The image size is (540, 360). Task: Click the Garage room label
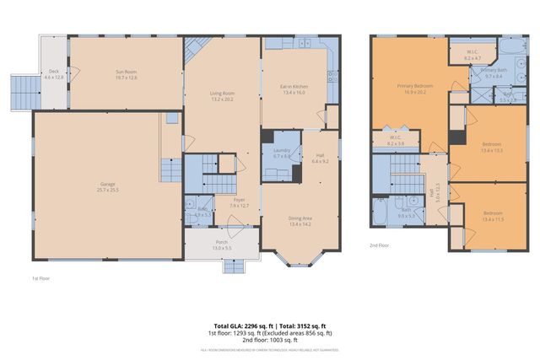coord(108,186)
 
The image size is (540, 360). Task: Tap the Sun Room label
coord(126,74)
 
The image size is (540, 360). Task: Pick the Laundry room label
coord(281,153)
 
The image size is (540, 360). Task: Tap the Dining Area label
coord(300,222)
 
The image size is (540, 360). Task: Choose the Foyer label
coord(239,201)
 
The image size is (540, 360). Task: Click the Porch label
coord(221,244)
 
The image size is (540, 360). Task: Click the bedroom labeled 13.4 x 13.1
coord(491,148)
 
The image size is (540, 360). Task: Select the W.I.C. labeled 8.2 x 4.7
coord(472,54)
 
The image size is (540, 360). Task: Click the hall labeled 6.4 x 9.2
coord(320,158)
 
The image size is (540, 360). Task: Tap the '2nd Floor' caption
coord(379,245)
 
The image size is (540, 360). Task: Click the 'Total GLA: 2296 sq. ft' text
coord(240,325)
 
